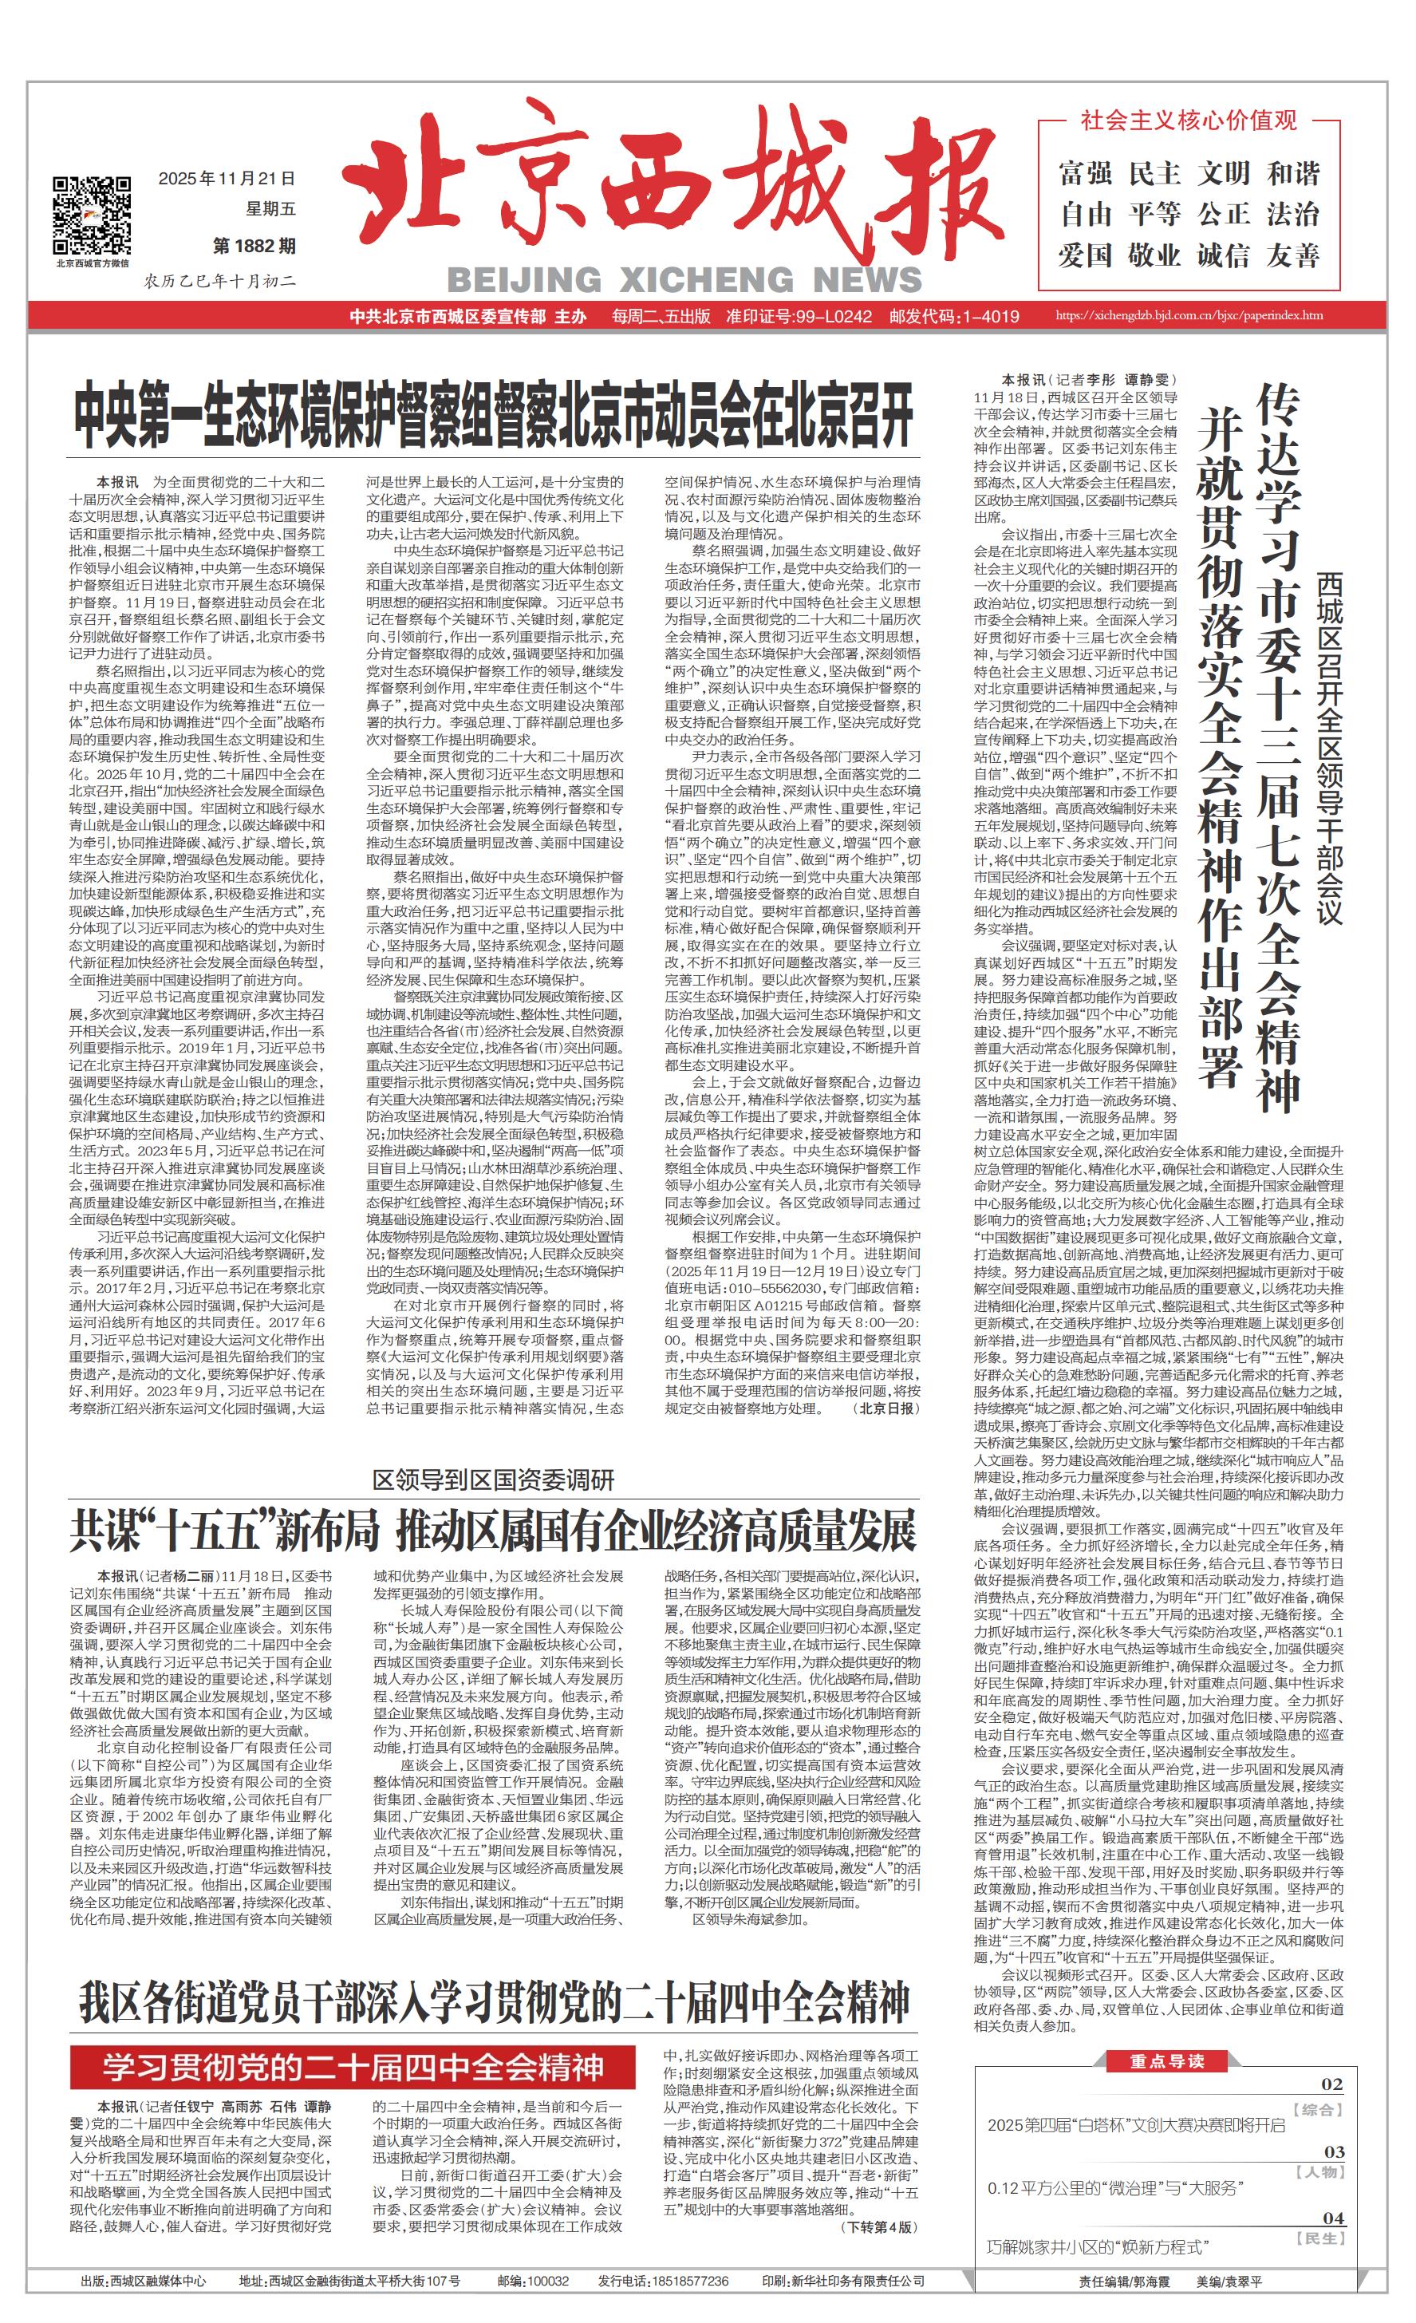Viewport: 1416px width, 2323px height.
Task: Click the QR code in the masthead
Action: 92,215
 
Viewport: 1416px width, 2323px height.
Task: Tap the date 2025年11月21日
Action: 227,178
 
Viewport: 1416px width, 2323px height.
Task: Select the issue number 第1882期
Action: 254,246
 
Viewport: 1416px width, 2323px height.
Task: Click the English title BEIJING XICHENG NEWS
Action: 684,280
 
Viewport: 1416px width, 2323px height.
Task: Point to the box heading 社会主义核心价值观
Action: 1189,120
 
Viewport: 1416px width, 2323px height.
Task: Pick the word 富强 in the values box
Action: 1085,173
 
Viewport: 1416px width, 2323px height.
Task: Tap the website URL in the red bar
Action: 1189,316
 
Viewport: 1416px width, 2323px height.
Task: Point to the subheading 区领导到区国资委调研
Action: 493,1480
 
